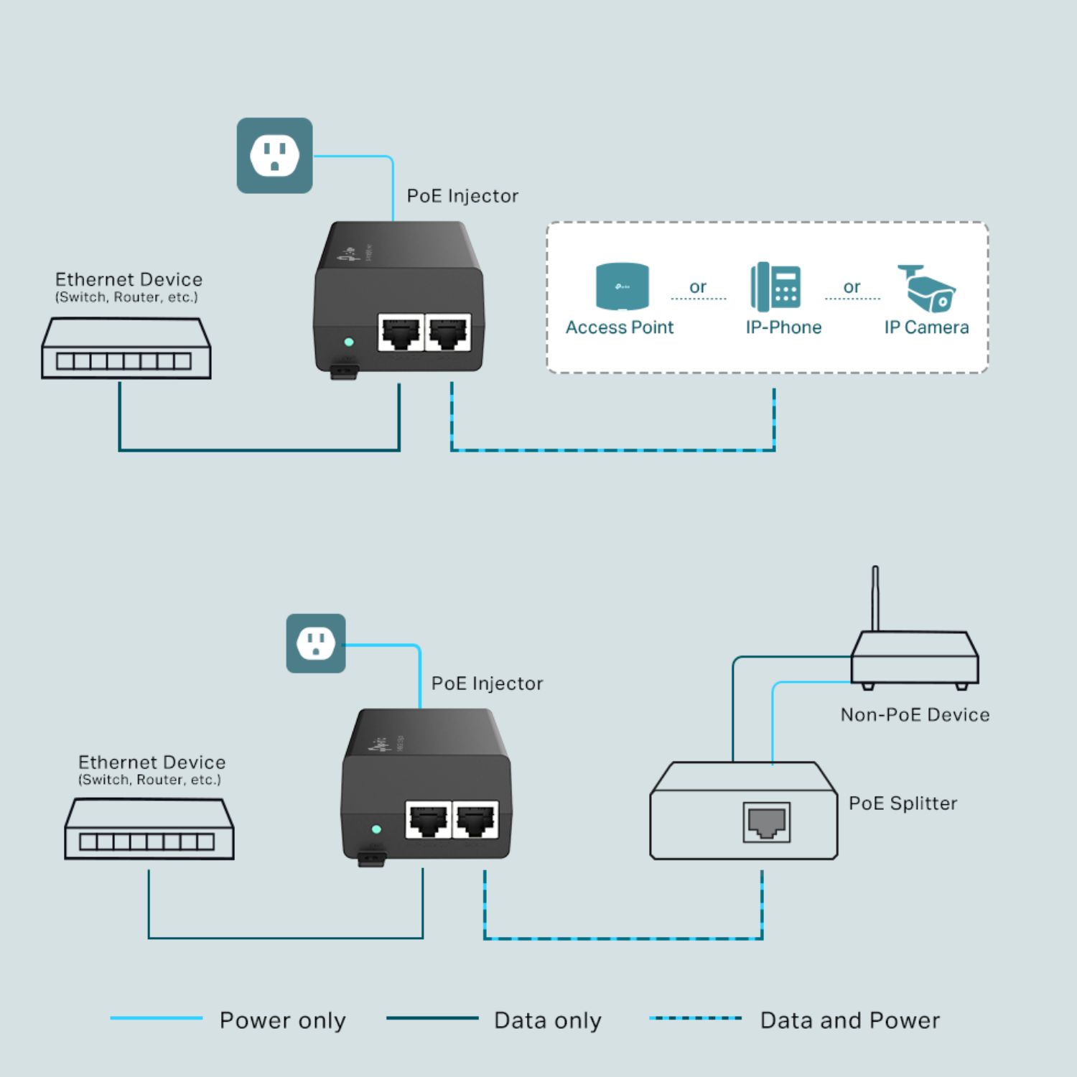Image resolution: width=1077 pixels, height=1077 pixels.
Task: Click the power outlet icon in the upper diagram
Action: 274,155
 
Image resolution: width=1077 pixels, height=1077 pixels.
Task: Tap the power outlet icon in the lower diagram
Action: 316,643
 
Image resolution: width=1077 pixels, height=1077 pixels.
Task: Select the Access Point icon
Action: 623,286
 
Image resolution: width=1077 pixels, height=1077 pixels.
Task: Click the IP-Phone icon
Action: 775,287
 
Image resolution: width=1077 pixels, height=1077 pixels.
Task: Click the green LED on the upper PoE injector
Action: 349,342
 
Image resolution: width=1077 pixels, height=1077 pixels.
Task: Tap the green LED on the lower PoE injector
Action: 376,829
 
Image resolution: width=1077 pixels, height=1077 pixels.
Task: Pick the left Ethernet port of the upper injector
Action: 401,332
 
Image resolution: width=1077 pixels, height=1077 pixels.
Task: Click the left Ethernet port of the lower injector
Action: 429,819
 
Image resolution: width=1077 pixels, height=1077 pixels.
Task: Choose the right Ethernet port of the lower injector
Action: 475,819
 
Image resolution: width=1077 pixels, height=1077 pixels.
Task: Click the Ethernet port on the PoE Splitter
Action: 767,822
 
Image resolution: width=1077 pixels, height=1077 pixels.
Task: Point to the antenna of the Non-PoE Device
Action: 875,598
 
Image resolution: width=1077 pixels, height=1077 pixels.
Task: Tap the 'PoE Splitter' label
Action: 903,803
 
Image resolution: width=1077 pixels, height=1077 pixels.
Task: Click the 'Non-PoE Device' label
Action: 915,715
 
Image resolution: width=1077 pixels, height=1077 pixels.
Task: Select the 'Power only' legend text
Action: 282,1020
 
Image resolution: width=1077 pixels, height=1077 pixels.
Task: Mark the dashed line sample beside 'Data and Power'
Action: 695,1018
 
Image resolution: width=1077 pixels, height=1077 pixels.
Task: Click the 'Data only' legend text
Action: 547,1020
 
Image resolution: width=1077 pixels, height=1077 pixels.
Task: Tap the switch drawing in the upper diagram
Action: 126,349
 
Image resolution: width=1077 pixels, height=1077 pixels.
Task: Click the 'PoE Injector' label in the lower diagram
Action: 487,684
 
